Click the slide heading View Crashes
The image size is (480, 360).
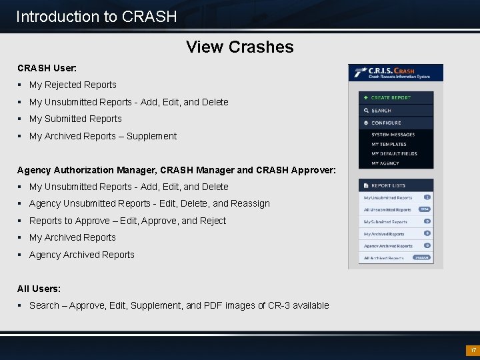(240, 47)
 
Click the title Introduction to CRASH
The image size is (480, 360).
(97, 17)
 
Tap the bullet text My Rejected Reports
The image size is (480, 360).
(73, 85)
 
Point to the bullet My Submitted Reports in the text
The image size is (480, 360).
(75, 119)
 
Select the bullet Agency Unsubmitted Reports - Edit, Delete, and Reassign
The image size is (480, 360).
(149, 203)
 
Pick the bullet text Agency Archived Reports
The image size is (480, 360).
(81, 255)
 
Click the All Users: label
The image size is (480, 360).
(39, 289)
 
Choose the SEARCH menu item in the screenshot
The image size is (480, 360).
(381, 110)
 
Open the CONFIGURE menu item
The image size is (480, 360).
(386, 123)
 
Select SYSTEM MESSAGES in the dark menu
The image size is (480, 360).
(393, 135)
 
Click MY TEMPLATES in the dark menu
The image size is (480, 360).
(389, 144)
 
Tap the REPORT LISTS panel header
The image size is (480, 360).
(389, 185)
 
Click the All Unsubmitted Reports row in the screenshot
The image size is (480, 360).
(387, 209)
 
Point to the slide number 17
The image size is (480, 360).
(473, 350)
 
